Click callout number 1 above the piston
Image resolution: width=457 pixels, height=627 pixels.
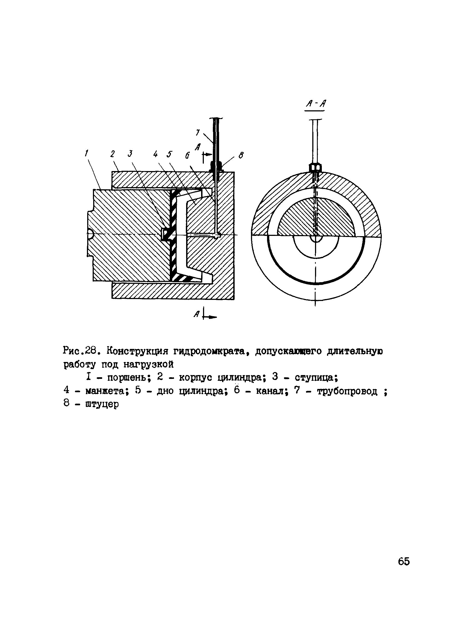click(x=87, y=153)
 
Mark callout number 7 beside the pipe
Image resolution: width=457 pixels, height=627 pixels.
click(x=198, y=133)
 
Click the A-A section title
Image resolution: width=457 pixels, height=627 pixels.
click(x=315, y=104)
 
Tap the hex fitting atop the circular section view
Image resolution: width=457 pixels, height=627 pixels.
click(x=315, y=167)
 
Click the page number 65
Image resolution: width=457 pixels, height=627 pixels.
click(x=404, y=561)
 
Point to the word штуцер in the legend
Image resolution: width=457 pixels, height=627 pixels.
click(x=102, y=404)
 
